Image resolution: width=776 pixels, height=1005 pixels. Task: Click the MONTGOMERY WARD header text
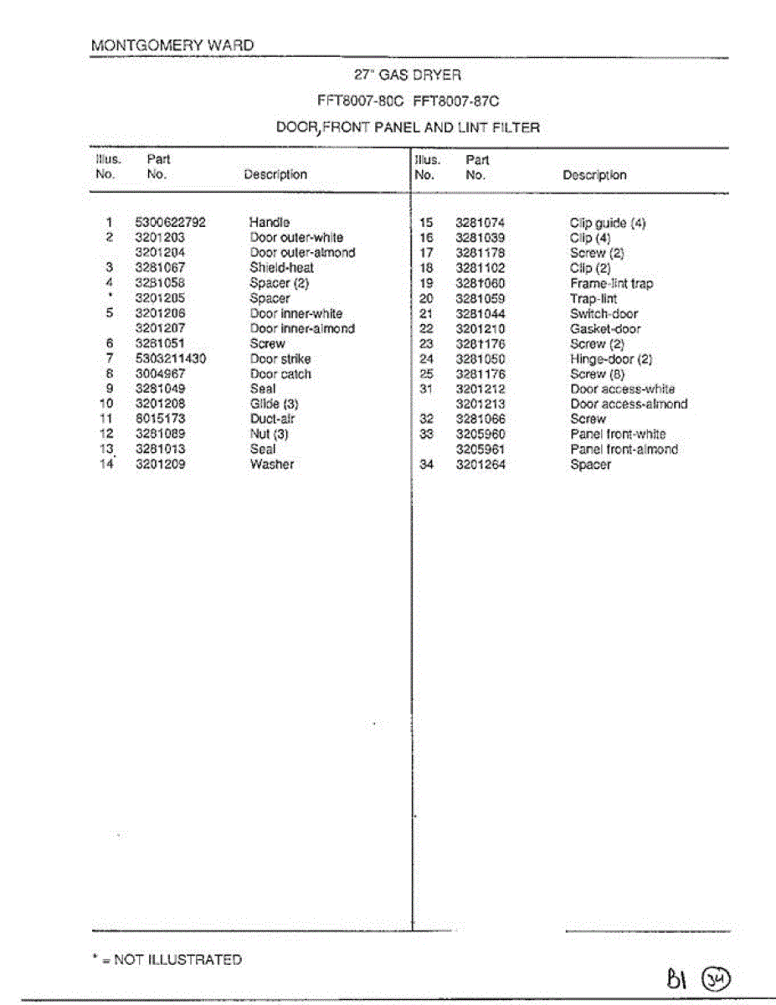172,45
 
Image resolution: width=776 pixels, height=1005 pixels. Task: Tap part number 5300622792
170,223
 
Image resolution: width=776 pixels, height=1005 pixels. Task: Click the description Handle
269,223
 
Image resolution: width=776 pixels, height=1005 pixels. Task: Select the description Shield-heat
281,268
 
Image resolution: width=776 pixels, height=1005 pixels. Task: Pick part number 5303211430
170,358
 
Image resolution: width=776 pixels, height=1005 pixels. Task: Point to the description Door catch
280,374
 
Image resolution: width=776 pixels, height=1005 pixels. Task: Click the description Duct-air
273,419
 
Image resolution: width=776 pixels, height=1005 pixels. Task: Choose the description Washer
271,464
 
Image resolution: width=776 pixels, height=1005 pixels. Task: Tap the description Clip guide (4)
608,224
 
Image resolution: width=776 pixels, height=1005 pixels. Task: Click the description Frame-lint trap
611,284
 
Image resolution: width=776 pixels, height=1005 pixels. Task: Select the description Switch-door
604,314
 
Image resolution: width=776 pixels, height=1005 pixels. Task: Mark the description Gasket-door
605,329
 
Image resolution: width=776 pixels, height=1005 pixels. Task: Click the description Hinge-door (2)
611,359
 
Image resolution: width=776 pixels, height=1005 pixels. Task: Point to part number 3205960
481,434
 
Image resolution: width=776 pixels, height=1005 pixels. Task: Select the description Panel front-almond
624,449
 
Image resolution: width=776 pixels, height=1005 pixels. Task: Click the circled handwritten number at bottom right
716,977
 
